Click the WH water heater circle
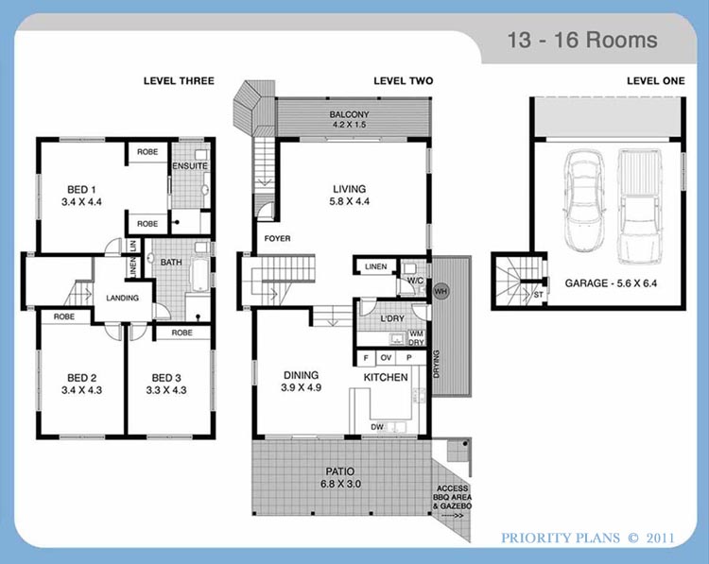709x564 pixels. point(441,291)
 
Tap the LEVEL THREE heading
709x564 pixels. point(179,81)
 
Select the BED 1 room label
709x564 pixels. point(81,196)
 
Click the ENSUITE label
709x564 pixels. point(190,166)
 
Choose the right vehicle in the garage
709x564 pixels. point(637,207)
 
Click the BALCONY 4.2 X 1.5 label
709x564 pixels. point(349,119)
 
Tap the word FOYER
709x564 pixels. point(277,239)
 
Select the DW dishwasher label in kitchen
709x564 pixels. point(376,427)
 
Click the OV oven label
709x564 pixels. point(386,358)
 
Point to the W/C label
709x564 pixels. point(415,281)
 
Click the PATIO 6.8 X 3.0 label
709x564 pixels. point(340,478)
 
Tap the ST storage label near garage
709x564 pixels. point(539,295)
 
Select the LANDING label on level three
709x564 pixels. point(122,298)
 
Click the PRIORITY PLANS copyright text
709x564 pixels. point(588,538)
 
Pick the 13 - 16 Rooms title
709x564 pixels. point(582,40)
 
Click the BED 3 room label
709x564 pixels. point(166,384)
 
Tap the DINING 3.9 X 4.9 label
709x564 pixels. point(302,381)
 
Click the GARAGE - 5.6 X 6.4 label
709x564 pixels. point(611,283)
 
